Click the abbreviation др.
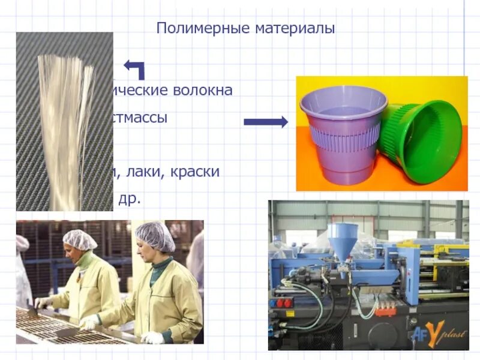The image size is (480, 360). point(130,199)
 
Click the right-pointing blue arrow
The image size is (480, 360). point(265,122)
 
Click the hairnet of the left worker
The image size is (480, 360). point(79,239)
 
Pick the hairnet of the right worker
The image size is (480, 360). point(154,235)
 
